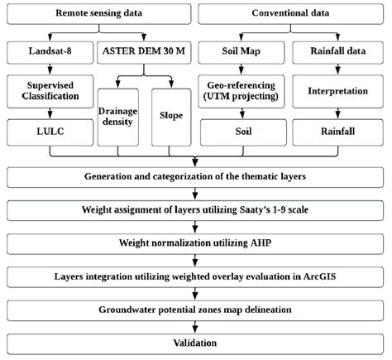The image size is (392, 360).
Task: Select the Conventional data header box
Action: coord(293,14)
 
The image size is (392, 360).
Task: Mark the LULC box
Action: coord(50,130)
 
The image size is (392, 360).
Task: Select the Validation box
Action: coord(195,343)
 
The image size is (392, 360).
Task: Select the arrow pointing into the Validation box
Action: coord(195,327)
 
